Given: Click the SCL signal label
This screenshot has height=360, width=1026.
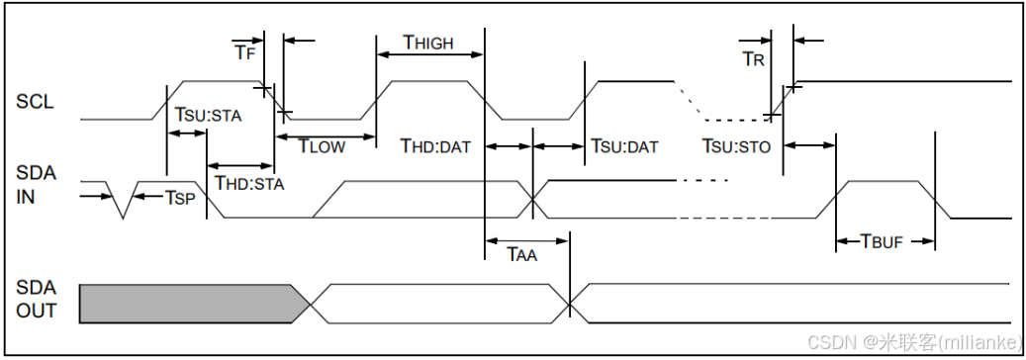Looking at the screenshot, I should [x=35, y=101].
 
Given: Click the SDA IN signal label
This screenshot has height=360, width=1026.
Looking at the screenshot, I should [x=37, y=184].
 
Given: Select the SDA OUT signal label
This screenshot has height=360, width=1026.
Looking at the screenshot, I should [x=37, y=299].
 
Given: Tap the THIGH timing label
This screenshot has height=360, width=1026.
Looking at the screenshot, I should [x=427, y=43].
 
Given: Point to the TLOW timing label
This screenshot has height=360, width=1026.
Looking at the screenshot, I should [x=322, y=147].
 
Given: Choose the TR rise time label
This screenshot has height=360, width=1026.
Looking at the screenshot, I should [x=753, y=58].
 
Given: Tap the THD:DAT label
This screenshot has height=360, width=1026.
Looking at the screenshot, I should [x=435, y=146].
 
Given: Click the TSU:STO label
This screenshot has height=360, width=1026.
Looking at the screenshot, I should [x=736, y=146].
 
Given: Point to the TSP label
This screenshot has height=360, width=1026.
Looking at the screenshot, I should [x=179, y=198].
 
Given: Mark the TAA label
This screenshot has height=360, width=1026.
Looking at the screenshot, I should [x=521, y=255].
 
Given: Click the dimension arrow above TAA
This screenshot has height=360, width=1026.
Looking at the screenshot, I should [x=526, y=238].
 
